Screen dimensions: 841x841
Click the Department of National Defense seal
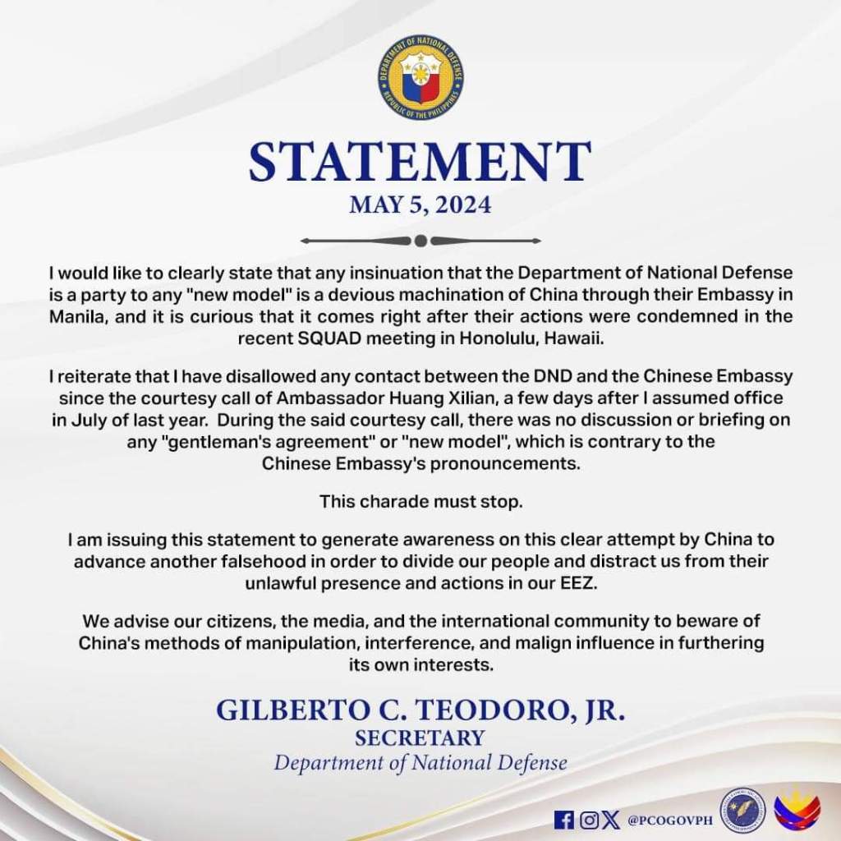[x=420, y=80]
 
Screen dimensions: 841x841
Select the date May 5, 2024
[x=420, y=204]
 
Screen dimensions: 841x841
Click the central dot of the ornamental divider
[x=420, y=241]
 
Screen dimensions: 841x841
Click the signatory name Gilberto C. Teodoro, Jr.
[x=420, y=710]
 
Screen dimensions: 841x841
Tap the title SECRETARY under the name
[x=420, y=738]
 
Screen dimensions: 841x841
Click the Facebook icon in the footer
[x=564, y=819]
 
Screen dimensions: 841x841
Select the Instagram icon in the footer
[x=588, y=819]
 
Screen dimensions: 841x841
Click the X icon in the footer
[x=611, y=819]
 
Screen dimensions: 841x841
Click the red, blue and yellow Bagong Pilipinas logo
[x=797, y=810]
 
